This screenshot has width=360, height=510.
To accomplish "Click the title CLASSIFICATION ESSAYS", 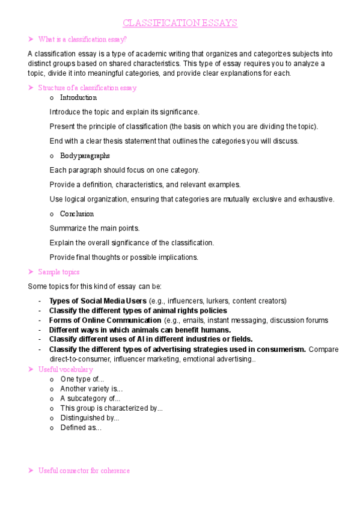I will [180, 23].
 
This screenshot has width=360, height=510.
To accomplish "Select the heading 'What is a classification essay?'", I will [82, 40].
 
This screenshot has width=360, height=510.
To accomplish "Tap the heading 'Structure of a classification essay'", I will [87, 88].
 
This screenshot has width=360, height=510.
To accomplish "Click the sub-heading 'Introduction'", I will [78, 97].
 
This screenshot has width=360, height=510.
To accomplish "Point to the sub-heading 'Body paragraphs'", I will [85, 156].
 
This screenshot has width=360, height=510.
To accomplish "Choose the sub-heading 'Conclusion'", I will [77, 214].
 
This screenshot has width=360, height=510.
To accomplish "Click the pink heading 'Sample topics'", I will [58, 272].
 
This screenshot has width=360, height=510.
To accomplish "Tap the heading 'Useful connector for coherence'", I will [84, 470].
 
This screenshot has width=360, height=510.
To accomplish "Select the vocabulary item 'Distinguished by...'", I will [90, 418].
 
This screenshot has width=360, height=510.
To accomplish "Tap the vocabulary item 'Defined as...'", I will [81, 428].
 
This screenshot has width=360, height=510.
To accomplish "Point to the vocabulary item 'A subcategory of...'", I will [90, 398].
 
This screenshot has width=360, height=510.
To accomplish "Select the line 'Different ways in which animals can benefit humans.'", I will [139, 330].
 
